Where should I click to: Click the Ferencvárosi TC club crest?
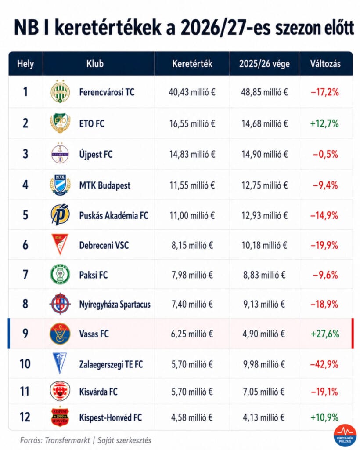[60, 91]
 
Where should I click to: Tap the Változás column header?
[325, 63]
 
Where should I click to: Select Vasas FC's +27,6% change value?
[325, 334]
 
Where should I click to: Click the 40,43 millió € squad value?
[192, 92]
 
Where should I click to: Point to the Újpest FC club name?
[96, 154]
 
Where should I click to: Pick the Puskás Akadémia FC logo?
[60, 214]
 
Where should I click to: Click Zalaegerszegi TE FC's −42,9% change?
[324, 364]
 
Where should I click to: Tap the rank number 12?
[25, 417]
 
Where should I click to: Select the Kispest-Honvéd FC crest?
[60, 417]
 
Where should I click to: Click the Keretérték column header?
[192, 63]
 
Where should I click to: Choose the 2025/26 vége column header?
[264, 64]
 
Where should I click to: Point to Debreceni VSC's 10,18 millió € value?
[264, 245]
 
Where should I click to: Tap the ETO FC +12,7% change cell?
[324, 123]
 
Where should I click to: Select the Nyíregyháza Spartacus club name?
[115, 304]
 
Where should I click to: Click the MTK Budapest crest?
[60, 185]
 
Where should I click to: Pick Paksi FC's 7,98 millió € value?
[192, 275]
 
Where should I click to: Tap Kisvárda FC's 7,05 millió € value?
[264, 392]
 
